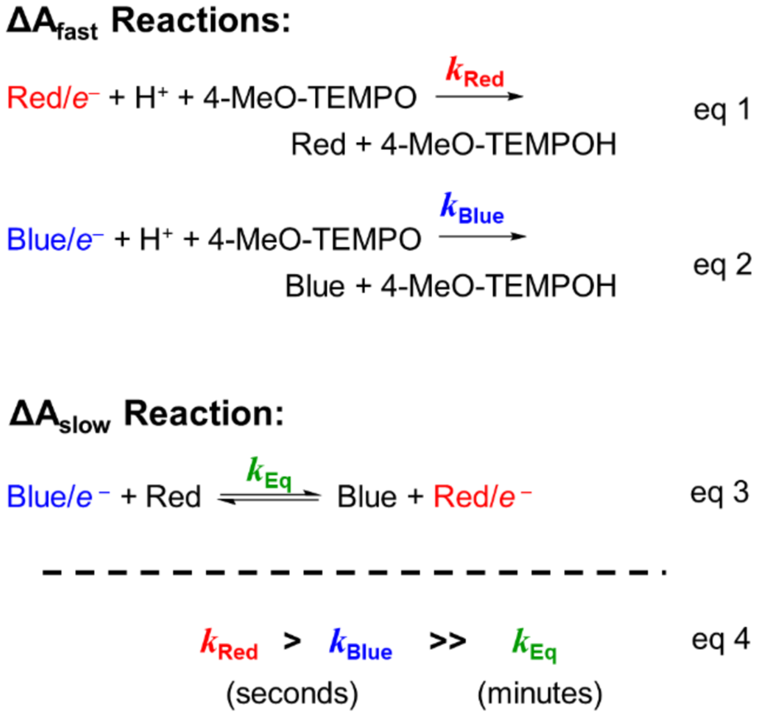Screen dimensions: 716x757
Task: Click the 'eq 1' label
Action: pos(721,110)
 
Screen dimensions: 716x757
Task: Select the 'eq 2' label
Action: pos(722,265)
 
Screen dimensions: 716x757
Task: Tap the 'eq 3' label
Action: pos(719,493)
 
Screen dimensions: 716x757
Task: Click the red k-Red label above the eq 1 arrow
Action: pos(475,73)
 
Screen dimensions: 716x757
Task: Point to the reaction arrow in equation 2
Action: pos(482,237)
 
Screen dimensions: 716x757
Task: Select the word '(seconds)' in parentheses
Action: pos(292,694)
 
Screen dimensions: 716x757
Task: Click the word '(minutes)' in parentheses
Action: pos(540,694)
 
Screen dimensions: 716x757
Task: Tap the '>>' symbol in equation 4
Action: pos(447,642)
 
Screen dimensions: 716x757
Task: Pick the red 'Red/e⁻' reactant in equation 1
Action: pos(53,98)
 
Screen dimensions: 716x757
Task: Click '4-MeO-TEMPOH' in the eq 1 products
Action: pos(498,145)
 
